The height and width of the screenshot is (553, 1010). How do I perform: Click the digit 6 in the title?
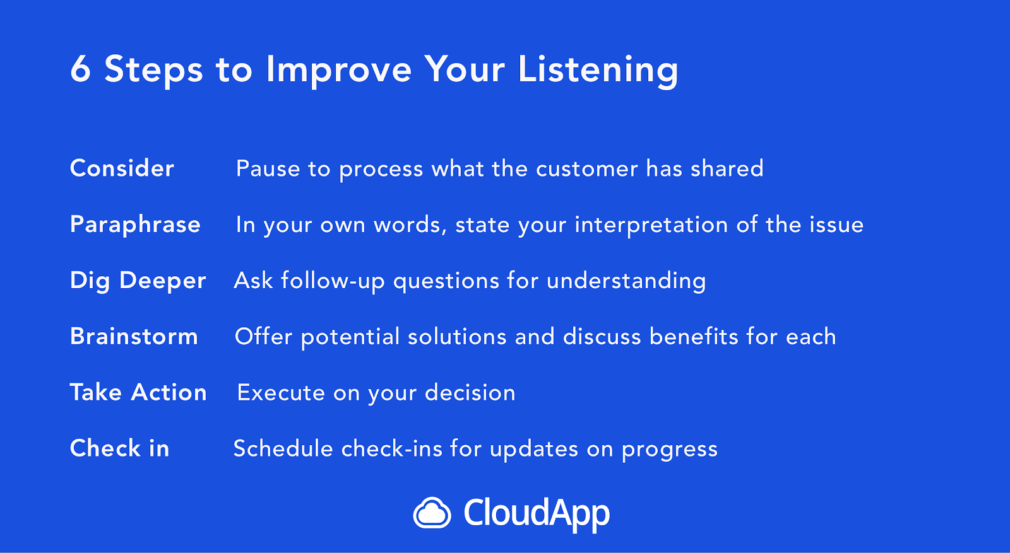tap(81, 69)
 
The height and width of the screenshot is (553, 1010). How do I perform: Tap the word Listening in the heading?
tap(598, 71)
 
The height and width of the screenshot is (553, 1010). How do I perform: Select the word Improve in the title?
tap(338, 71)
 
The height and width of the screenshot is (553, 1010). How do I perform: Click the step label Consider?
tap(122, 168)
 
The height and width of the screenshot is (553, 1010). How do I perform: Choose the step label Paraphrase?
tap(135, 225)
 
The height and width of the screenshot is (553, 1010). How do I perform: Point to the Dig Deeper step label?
tap(138, 281)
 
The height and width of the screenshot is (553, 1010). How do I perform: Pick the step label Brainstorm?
tap(134, 336)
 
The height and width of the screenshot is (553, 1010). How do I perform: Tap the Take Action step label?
tap(138, 392)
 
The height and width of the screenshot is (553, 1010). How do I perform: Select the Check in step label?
tap(119, 448)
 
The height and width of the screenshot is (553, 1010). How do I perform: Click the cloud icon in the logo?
tap(432, 513)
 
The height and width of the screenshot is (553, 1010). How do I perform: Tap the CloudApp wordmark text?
tap(537, 514)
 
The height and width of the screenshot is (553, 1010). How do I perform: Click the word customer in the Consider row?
tap(587, 169)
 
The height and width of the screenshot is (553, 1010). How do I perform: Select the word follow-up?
tap(333, 281)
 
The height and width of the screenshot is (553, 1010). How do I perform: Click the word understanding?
tap(626, 281)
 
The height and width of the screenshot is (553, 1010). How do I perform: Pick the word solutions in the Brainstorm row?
tap(457, 337)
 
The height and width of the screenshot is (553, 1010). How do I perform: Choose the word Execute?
tap(281, 393)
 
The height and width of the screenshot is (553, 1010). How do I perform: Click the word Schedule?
tap(283, 448)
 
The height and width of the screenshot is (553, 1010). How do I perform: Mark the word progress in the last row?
tap(670, 450)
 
